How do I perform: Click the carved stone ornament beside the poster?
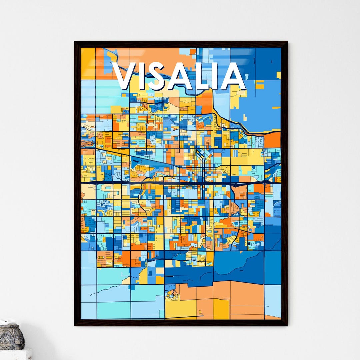click(x=11, y=338)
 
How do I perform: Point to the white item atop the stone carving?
click(x=7, y=322)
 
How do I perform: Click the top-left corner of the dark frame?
click(x=75, y=42)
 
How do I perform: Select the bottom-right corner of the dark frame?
click(x=287, y=325)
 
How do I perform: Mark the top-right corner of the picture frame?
click(x=287, y=42)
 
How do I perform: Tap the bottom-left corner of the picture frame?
click(x=75, y=325)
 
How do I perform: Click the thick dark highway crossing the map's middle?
click(x=180, y=182)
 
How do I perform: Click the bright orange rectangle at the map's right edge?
click(x=272, y=140)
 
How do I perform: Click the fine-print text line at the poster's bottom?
click(x=180, y=316)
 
